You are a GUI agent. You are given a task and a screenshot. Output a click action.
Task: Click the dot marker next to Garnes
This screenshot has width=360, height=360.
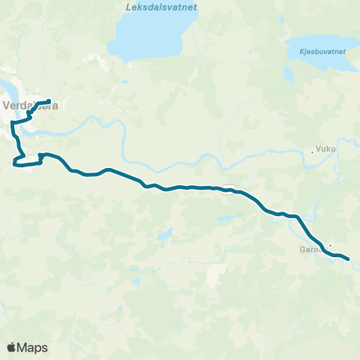click(x=329, y=244)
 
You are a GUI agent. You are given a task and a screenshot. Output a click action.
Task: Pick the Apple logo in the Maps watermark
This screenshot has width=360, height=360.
click(x=11, y=347)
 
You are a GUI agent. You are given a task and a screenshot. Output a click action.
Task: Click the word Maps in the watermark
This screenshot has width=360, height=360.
click(x=32, y=347)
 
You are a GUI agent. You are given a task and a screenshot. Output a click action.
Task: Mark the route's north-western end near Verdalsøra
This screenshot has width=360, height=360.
click(x=49, y=101)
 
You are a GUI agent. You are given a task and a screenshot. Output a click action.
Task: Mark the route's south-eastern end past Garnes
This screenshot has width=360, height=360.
click(x=349, y=260)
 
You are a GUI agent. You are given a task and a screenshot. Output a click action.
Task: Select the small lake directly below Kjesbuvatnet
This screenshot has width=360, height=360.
click(x=289, y=75)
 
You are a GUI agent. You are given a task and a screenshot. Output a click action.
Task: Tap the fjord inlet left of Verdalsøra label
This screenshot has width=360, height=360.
click(x=7, y=86)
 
